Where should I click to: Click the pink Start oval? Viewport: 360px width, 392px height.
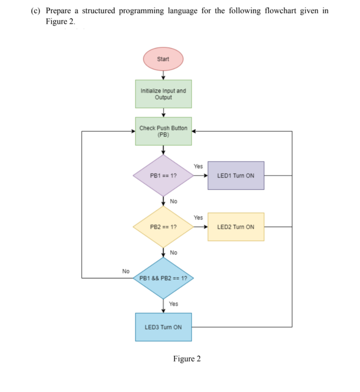[x=163, y=59]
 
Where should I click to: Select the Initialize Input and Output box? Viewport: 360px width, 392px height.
[x=163, y=94]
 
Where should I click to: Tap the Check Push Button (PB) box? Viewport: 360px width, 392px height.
[x=163, y=131]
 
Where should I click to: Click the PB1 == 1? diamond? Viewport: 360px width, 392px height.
[x=163, y=175]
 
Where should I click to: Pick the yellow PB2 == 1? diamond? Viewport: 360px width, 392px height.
[x=163, y=227]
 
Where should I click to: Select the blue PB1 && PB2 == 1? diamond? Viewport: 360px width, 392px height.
[x=163, y=278]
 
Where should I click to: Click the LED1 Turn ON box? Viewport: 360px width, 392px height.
[x=236, y=175]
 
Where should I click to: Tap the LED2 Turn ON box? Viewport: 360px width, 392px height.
[x=236, y=227]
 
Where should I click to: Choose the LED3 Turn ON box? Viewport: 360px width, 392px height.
[x=163, y=327]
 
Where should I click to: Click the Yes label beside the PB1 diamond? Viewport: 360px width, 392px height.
[x=198, y=166]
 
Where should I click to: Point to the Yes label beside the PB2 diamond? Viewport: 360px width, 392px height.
[x=198, y=217]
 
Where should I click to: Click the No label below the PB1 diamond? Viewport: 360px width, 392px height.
[x=173, y=201]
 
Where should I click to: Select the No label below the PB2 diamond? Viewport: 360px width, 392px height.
[x=173, y=252]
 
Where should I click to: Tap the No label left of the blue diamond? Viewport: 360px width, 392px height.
[x=125, y=271]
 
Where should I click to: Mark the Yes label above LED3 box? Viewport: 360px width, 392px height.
[x=173, y=304]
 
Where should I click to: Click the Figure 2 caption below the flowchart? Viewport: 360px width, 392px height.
[x=187, y=359]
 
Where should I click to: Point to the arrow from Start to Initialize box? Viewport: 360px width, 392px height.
[x=163, y=75]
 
